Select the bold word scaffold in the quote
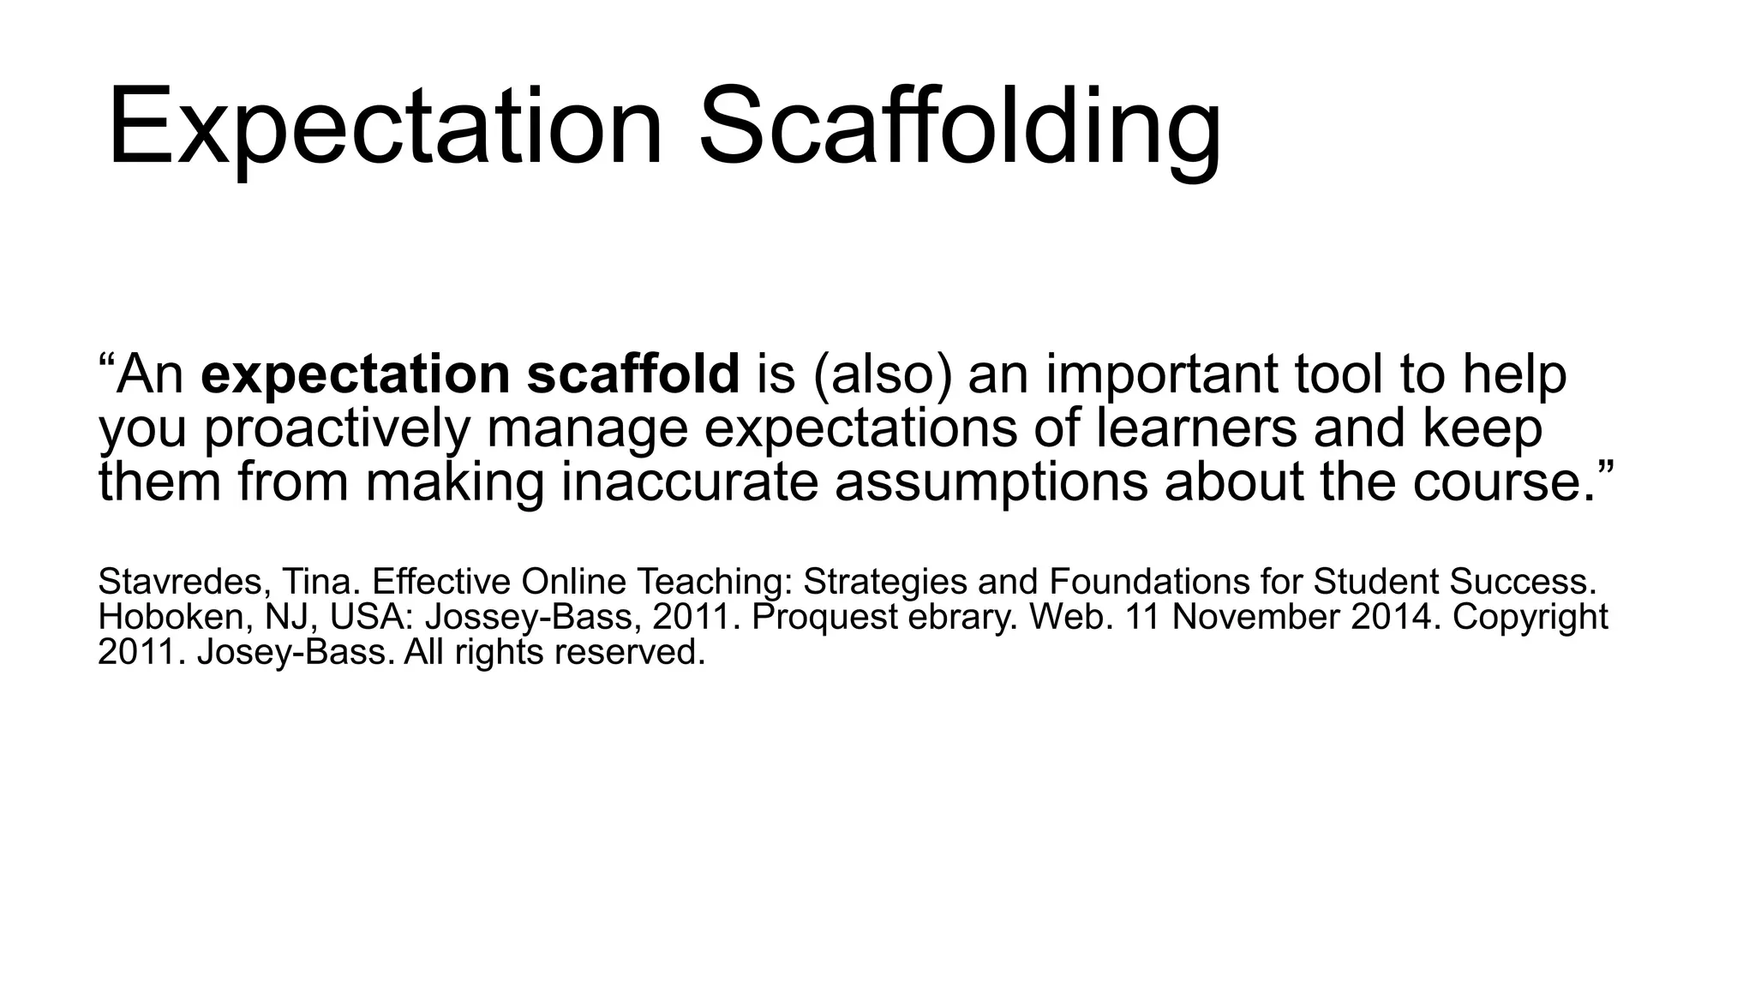pos(632,374)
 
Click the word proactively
pos(336,428)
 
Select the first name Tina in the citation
pos(317,582)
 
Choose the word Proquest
pos(824,617)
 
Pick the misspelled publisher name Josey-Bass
pos(296,652)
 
